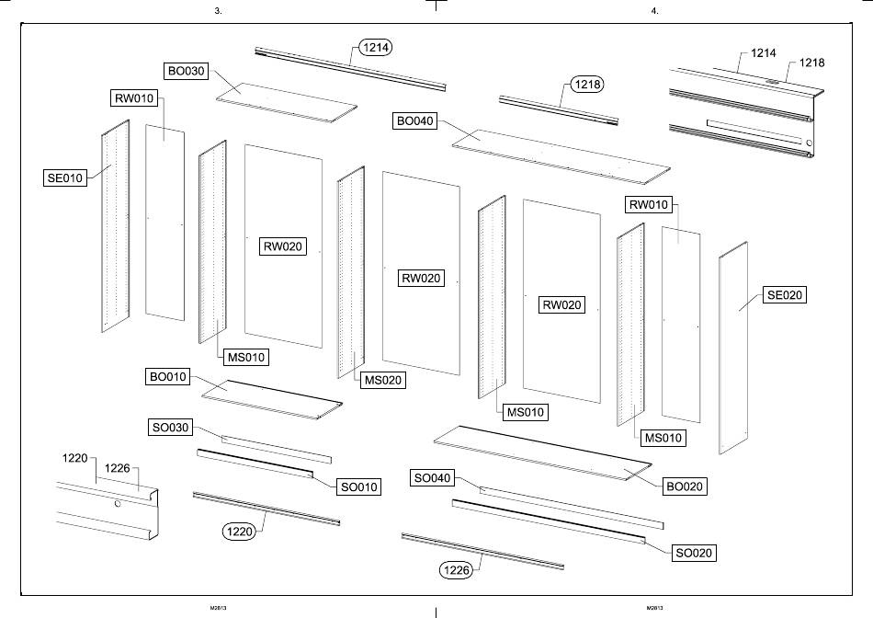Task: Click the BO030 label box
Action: coord(187,71)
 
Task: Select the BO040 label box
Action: coord(416,120)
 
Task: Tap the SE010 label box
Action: coord(65,177)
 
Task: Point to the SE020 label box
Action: coord(785,295)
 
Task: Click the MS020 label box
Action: coord(382,380)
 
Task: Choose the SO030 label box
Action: coord(170,428)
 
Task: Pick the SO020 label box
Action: coord(694,553)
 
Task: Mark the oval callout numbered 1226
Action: coord(457,571)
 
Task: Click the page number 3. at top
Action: coord(218,11)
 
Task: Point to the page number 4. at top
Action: coord(654,11)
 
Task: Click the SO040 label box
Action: coord(433,478)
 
